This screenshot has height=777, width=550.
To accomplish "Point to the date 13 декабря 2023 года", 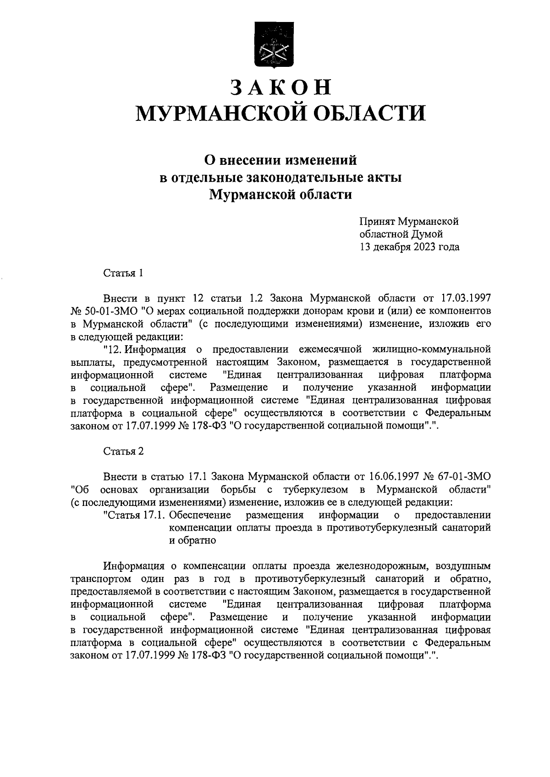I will pos(409,247).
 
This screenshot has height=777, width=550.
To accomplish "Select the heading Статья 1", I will pos(123,273).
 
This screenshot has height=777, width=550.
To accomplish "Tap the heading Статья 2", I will pos(123,451).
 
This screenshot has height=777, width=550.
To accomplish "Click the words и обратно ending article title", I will pos(192,540).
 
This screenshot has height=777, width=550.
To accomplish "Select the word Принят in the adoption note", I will pos(376,222).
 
